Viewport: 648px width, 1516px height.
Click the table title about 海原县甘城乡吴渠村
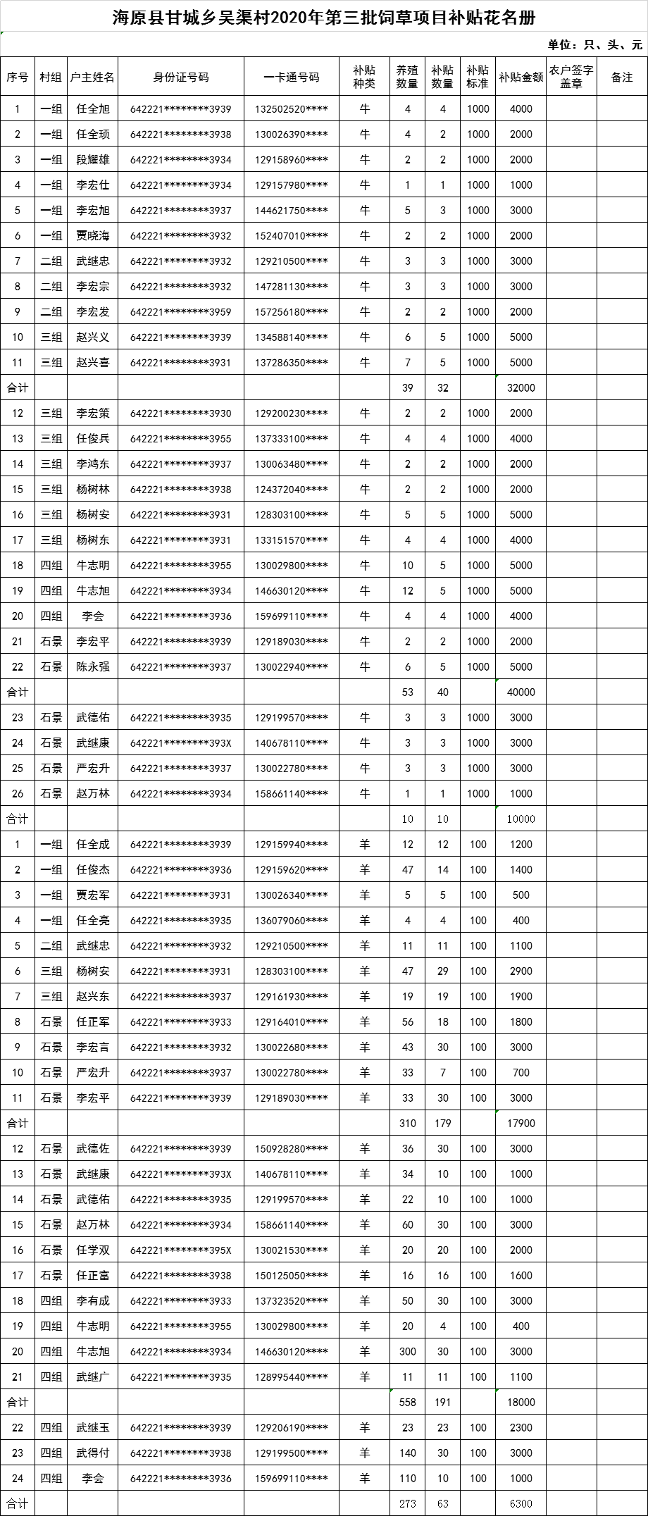coord(324,17)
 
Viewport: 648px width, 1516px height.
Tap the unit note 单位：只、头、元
coord(595,45)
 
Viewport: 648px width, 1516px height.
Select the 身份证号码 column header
coord(181,77)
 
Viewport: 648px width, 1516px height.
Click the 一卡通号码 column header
coord(292,77)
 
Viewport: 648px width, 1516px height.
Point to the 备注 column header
coord(622,77)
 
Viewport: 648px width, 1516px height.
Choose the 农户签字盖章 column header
coord(571,77)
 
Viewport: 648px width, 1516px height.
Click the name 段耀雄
coord(93,160)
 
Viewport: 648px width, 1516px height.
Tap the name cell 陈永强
coord(93,667)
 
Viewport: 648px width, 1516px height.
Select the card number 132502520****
coord(292,109)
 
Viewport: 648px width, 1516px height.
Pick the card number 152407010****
coord(292,236)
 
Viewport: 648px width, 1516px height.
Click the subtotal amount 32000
coord(521,388)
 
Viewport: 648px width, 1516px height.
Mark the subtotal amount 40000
coord(521,692)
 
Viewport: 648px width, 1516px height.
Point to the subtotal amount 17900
coord(521,1124)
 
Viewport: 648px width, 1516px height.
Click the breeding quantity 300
coord(408,1352)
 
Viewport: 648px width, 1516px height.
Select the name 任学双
coord(93,1250)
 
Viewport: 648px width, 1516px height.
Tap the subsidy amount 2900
coord(521,971)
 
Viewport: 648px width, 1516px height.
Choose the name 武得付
coord(93,1453)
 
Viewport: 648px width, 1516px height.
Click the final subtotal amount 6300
coord(521,1504)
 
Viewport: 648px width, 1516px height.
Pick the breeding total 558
coord(408,1403)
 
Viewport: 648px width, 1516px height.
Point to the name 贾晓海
coord(93,236)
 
